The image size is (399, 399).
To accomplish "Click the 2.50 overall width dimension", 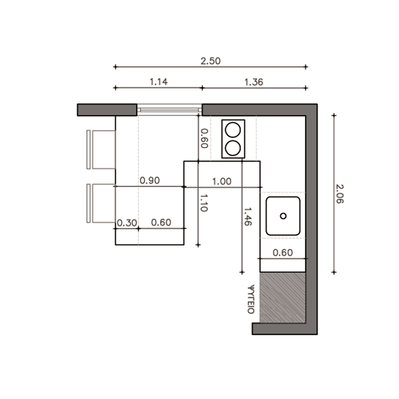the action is (x=210, y=61).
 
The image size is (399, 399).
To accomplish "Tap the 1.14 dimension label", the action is (x=159, y=82).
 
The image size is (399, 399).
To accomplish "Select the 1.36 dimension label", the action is (x=254, y=82).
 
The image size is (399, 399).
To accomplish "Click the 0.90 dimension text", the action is (x=150, y=181).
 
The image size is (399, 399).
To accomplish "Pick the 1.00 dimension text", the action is (x=222, y=181).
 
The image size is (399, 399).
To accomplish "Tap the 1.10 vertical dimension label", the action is (x=203, y=203).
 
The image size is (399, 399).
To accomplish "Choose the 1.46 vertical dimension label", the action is (x=248, y=217).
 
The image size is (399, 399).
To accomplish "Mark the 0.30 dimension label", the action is (x=127, y=223).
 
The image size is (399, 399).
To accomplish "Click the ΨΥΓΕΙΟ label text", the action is (x=251, y=300).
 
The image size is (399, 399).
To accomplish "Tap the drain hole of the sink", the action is (x=283, y=216).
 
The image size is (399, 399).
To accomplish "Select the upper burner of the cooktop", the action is (x=233, y=130).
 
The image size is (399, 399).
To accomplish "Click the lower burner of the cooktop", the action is (x=233, y=148).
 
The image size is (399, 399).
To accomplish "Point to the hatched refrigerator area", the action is (x=282, y=298).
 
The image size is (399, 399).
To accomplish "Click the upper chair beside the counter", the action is (x=101, y=149).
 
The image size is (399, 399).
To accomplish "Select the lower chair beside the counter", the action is (x=101, y=203).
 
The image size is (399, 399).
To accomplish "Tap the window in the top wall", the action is (x=169, y=110).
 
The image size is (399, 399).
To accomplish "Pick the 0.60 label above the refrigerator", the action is (x=283, y=253).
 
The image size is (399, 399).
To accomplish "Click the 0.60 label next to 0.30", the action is (x=161, y=223).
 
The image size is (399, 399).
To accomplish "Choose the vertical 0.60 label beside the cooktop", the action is (x=204, y=138).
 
